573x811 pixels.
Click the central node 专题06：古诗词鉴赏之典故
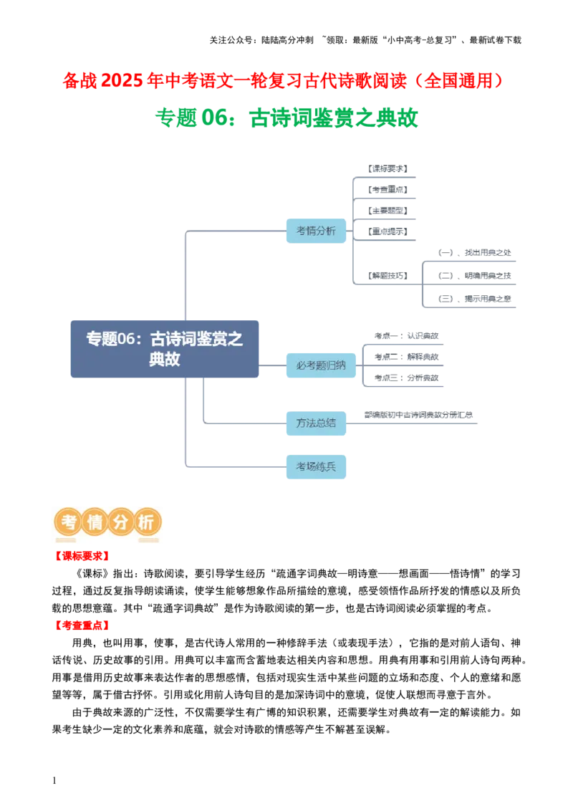click(165, 347)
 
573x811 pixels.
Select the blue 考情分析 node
click(315, 231)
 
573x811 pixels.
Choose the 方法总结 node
click(315, 423)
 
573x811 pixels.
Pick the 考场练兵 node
click(315, 467)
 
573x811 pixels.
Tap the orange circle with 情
click(95, 524)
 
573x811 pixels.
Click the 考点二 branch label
click(405, 357)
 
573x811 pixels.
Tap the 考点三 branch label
click(405, 378)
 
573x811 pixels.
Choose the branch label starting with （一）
click(476, 253)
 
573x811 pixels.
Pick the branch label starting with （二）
click(476, 275)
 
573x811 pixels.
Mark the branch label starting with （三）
click(476, 297)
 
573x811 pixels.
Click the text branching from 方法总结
click(418, 415)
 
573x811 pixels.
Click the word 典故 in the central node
click(165, 360)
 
